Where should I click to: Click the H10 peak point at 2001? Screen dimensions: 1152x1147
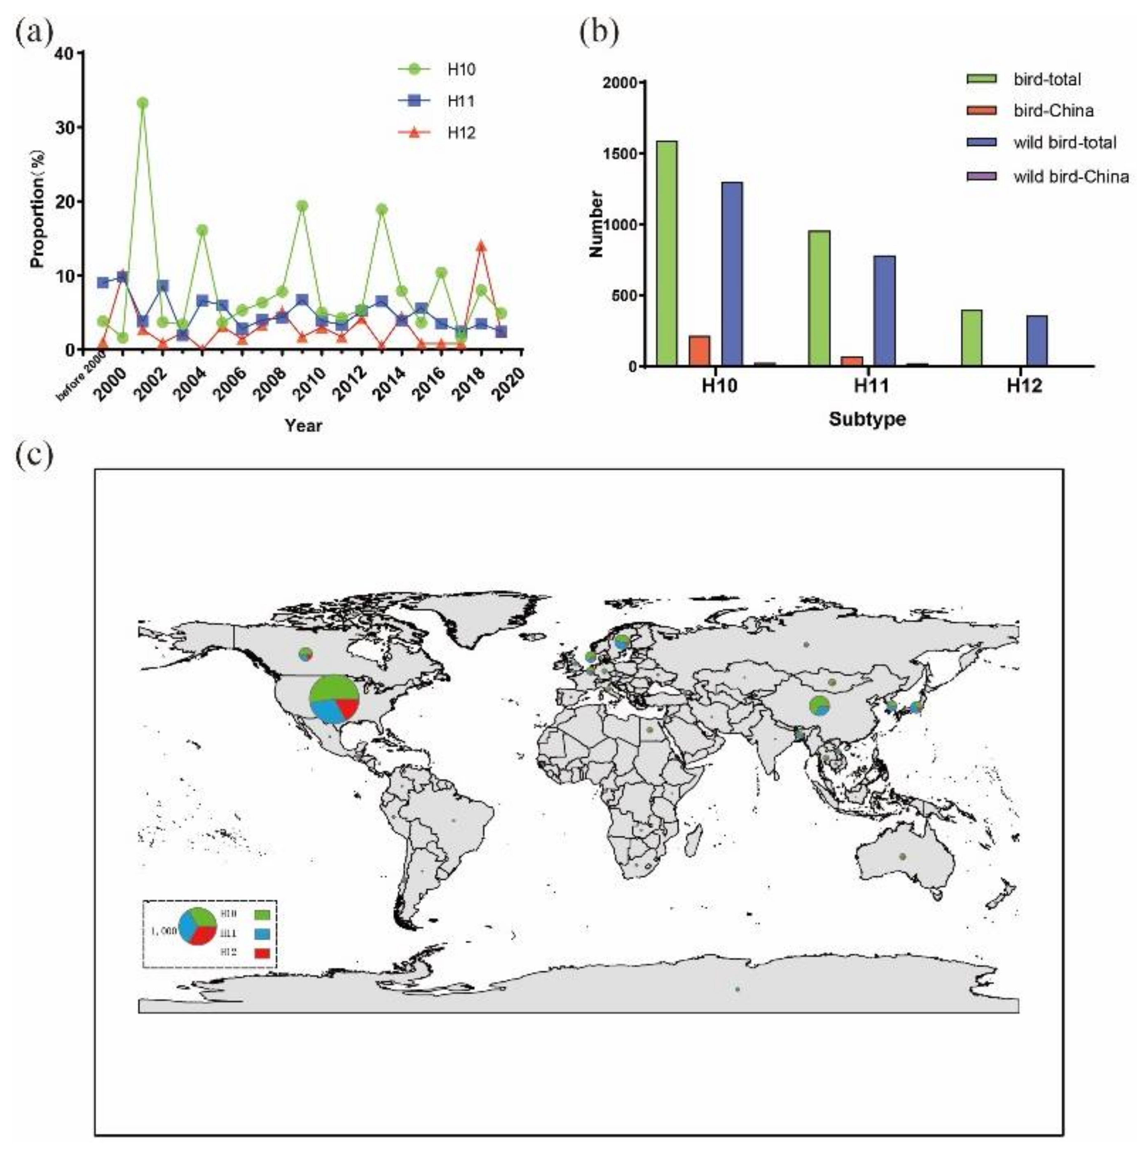pyautogui.click(x=143, y=103)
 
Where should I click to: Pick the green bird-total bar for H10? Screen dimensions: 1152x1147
pyautogui.click(x=667, y=253)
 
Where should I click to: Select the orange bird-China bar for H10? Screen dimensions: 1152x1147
pyautogui.click(x=699, y=351)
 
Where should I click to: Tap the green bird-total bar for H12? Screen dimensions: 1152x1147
pyautogui.click(x=972, y=337)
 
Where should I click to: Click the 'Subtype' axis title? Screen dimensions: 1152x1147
pyautogui.click(x=867, y=419)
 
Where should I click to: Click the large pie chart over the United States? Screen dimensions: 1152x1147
pyautogui.click(x=335, y=699)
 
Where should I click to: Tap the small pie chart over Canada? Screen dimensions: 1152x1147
pyautogui.click(x=305, y=654)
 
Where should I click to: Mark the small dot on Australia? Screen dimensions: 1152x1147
pyautogui.click(x=903, y=857)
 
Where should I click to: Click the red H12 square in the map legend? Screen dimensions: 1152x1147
pyautogui.click(x=262, y=953)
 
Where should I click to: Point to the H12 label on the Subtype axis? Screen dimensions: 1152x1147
pyautogui.click(x=1024, y=386)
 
